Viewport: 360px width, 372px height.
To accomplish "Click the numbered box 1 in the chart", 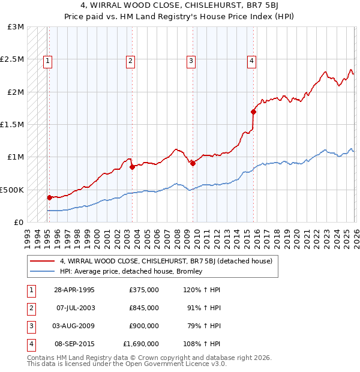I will (48, 59).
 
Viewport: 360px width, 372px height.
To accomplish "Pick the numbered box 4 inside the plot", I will (252, 59).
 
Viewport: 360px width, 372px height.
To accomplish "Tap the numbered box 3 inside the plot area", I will (191, 59).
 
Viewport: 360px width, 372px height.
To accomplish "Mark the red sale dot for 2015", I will (253, 112).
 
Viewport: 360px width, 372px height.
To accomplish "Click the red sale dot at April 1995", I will (50, 197).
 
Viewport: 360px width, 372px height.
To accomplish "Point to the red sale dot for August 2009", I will (193, 163).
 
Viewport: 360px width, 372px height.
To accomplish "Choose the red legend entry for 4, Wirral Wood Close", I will (166, 261).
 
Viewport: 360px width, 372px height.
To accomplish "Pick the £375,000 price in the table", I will (144, 290).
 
